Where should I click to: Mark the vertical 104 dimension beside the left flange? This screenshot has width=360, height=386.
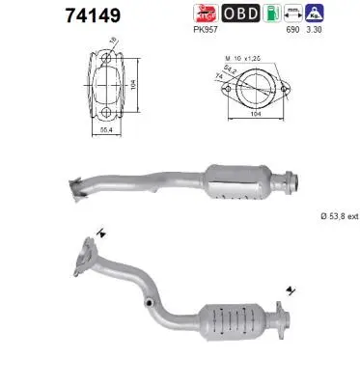[x=139, y=85]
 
